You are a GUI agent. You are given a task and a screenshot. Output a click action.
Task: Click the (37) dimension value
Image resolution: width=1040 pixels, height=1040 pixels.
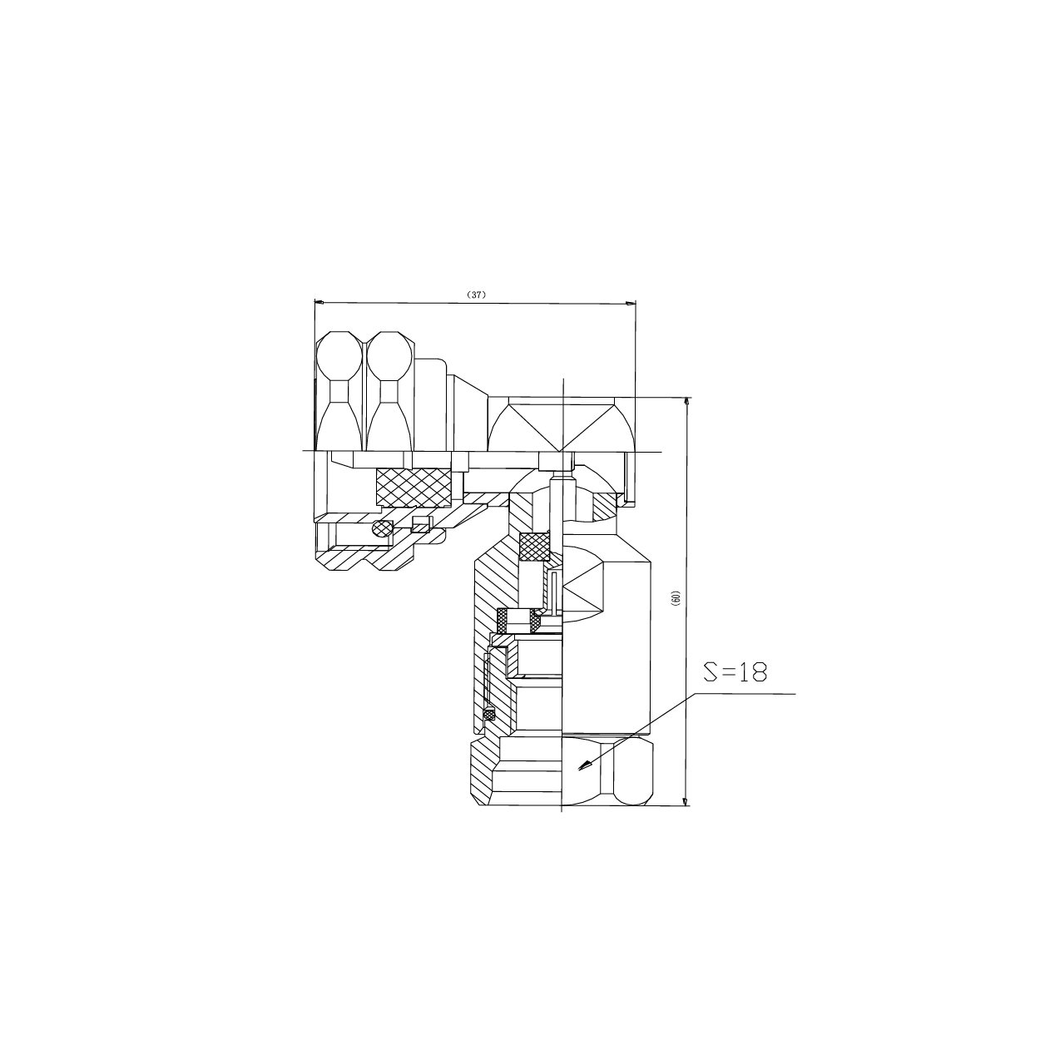(476, 295)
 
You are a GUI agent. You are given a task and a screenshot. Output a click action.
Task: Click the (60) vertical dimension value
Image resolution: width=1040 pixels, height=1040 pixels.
(677, 597)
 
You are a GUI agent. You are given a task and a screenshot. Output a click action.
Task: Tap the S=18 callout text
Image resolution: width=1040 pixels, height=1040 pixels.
(735, 672)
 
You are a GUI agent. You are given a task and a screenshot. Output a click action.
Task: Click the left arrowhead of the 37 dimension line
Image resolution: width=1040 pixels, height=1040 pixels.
(319, 302)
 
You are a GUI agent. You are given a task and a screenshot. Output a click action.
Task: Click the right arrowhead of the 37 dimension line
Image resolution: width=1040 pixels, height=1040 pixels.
(631, 304)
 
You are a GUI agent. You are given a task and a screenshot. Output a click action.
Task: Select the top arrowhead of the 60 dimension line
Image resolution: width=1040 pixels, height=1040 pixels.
(687, 403)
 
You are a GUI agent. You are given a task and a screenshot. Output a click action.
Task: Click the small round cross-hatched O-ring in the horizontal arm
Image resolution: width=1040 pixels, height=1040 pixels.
(382, 527)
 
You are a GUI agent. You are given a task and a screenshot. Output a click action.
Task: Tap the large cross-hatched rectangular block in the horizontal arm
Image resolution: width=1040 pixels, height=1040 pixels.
(414, 488)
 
